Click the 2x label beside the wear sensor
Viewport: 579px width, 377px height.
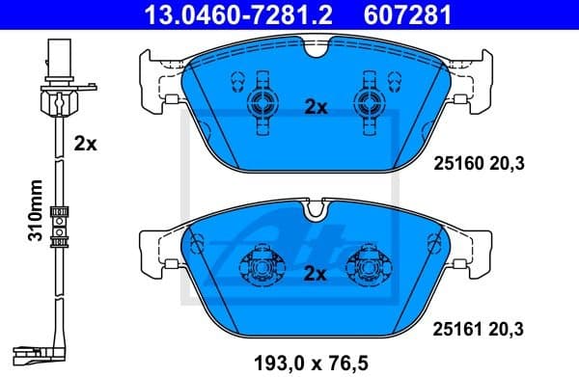(x=86, y=144)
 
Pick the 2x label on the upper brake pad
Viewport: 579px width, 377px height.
(x=317, y=108)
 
